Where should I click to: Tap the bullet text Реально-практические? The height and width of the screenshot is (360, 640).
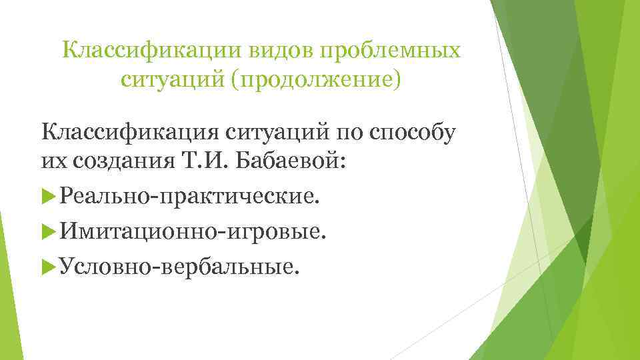(189, 197)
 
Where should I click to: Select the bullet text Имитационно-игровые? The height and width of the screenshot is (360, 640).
(193, 233)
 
